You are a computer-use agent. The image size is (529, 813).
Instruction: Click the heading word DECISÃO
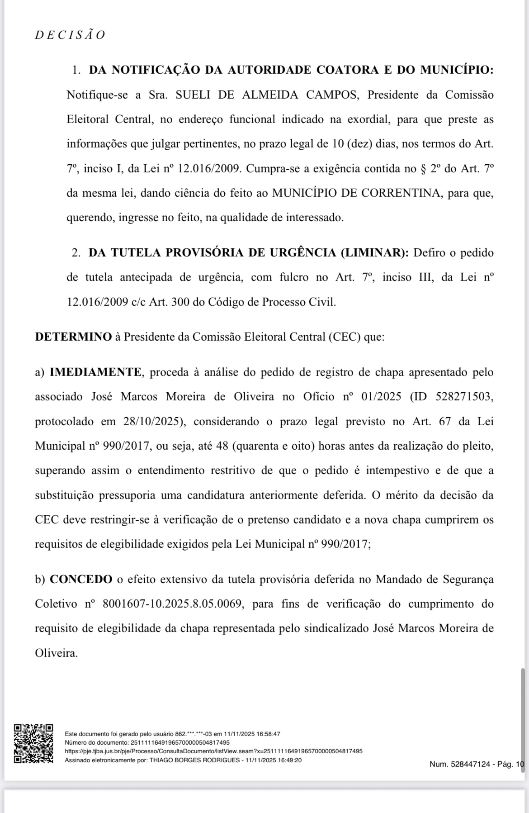pos(70,35)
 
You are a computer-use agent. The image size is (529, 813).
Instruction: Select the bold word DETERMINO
pos(73,337)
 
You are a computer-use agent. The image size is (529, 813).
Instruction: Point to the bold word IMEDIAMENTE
pos(95,372)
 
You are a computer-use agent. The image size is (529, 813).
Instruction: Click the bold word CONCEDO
pos(81,580)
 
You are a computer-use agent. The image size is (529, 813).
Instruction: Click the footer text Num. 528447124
pos(459,765)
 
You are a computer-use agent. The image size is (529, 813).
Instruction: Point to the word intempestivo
pos(397,471)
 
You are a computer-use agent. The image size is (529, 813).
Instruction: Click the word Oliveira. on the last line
pos(57,653)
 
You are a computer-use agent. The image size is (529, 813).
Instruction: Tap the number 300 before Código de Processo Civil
pos(180,302)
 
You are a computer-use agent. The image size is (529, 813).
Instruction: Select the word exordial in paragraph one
pos(368,120)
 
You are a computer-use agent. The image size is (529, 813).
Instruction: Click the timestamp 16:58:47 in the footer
pos(268,734)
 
